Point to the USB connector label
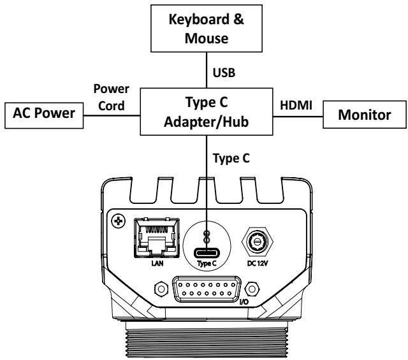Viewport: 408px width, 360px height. pos(224,73)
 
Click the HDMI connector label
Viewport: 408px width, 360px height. pos(296,105)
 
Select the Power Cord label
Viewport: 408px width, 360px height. pos(112,97)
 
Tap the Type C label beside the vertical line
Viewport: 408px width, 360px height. pos(231,159)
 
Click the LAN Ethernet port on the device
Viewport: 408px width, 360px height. pos(157,238)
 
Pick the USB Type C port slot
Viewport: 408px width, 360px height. pos(207,253)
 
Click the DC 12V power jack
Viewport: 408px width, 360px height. pos(258,241)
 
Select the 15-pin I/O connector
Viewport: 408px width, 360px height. pos(207,289)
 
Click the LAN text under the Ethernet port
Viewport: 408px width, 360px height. pos(157,264)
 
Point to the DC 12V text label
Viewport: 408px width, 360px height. pos(258,264)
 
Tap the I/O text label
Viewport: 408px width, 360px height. pos(244,302)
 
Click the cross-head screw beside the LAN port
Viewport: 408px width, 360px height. pos(119,221)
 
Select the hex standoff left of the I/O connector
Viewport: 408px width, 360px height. pos(161,289)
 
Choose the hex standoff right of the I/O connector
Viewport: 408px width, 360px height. pos(252,289)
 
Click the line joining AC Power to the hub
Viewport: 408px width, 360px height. pos(112,115)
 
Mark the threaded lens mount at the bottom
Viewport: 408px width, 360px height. pos(207,340)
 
